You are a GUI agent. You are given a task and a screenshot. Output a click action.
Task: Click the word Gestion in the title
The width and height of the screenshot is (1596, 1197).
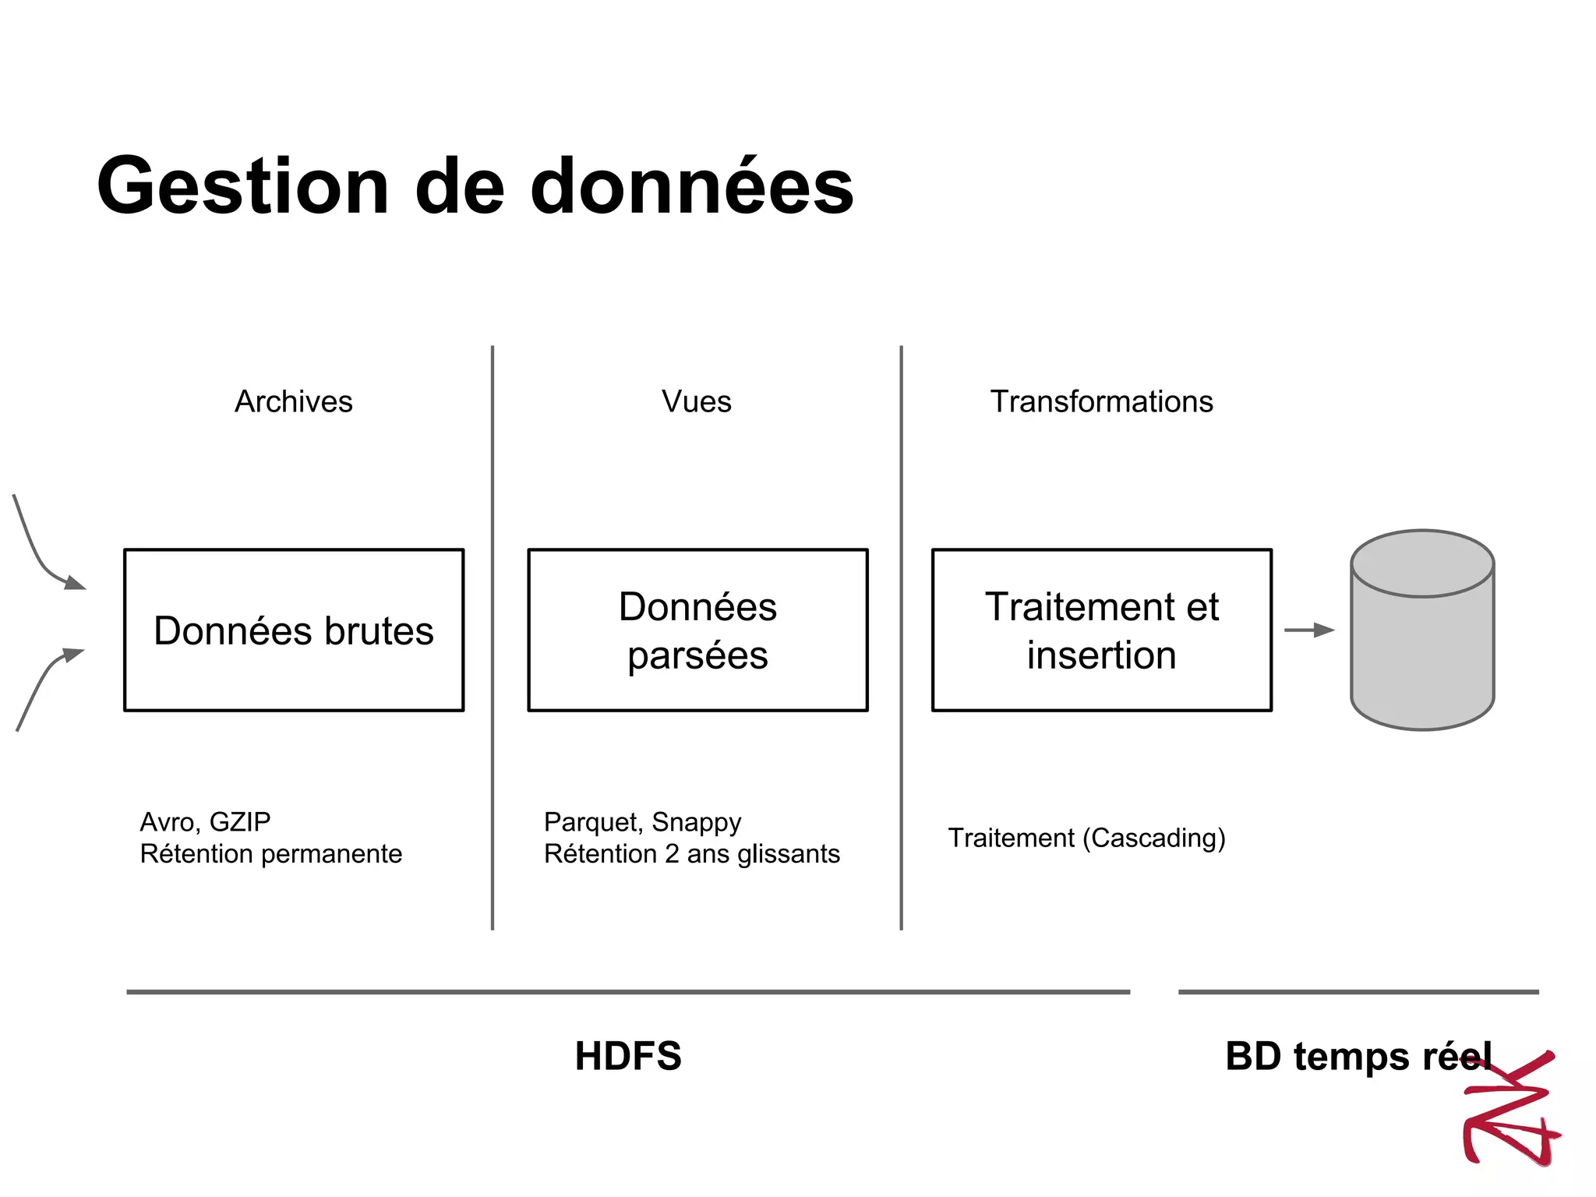242,187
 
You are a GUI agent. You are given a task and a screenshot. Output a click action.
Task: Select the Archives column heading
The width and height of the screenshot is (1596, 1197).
294,401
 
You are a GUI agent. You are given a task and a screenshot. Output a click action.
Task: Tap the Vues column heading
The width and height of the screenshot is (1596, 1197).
697,401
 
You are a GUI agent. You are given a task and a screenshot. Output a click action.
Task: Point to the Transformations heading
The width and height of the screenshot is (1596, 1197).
1101,401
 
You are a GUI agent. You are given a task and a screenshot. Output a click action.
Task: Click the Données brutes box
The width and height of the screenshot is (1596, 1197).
294,630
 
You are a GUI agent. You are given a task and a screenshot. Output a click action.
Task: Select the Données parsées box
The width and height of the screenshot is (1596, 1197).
697,630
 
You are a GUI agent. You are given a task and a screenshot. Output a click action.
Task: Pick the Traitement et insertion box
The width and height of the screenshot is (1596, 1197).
1101,630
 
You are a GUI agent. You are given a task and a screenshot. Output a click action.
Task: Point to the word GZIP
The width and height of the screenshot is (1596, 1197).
240,822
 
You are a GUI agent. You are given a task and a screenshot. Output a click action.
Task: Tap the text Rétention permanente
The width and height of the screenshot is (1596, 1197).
271,854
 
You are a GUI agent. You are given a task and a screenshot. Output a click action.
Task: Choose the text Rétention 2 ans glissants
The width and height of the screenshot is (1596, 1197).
692,854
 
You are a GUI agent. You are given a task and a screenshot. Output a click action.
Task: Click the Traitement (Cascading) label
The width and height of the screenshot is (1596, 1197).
1086,838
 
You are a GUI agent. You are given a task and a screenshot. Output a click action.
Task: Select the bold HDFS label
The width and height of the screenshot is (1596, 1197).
628,1057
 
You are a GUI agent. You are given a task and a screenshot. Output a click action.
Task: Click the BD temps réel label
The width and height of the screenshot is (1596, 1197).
1358,1057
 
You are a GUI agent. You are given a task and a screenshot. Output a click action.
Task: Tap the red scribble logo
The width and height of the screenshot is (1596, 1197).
1512,1110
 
